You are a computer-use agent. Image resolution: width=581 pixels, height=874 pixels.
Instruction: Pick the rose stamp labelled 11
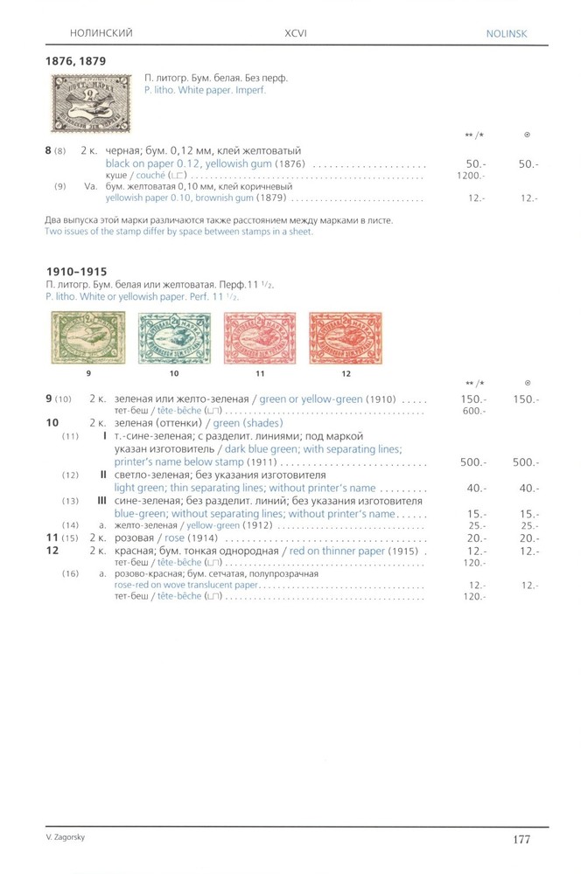(260, 341)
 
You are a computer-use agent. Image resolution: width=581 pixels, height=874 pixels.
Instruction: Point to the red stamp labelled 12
(346, 342)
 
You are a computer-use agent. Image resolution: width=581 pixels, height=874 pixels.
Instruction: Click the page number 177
(521, 840)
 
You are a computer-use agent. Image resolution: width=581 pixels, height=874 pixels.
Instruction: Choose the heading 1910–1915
(81, 272)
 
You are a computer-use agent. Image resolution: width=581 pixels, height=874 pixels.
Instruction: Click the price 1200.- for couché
(472, 175)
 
